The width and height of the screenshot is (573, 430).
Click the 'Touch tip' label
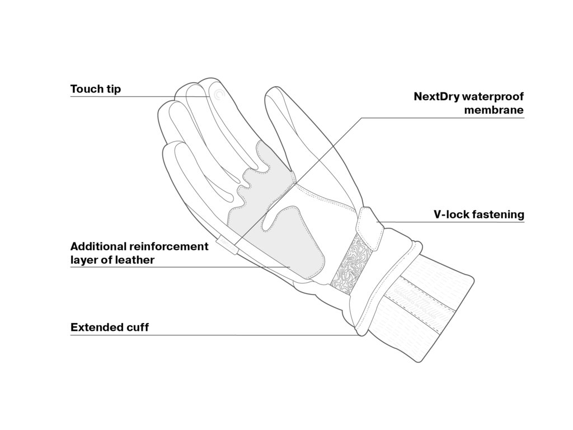point(96,89)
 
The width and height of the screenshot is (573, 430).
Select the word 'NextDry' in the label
point(436,96)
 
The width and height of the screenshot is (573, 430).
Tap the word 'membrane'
point(494,110)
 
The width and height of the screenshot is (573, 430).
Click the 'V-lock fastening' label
point(478,214)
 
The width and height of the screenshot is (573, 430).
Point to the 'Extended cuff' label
point(110,328)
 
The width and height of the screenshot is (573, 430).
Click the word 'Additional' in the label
point(98,246)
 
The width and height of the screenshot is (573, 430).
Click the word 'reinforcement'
point(168,246)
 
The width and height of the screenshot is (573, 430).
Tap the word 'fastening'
point(498,214)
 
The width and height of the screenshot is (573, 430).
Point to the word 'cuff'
point(137,328)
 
